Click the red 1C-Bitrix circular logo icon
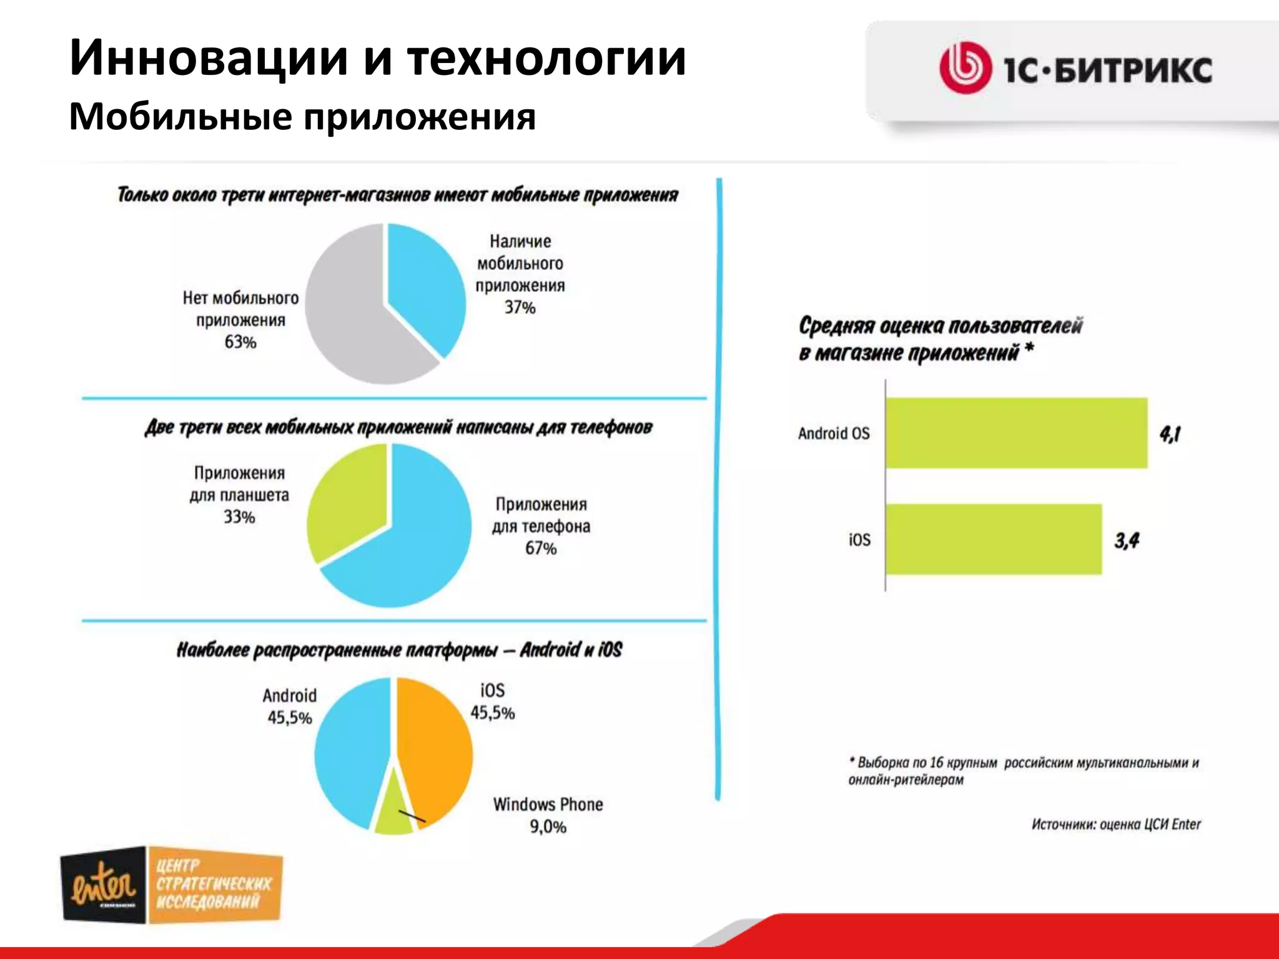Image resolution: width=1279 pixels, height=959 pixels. click(965, 68)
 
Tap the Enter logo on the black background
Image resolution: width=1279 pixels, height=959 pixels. click(104, 885)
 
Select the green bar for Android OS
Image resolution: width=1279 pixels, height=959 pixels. click(1016, 433)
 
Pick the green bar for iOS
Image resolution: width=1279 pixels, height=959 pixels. click(993, 539)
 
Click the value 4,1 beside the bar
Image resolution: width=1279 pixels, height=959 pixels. click(1170, 433)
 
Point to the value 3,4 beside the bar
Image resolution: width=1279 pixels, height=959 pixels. click(1127, 540)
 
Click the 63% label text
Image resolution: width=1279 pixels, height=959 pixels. click(240, 342)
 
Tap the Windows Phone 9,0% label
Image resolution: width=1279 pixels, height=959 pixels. click(548, 815)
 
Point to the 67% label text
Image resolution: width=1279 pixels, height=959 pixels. click(540, 548)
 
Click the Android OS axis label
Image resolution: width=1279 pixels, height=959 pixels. click(833, 433)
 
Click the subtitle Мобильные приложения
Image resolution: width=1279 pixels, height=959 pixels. click(302, 116)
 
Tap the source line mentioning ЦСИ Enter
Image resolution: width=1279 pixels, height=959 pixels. click(1115, 824)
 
